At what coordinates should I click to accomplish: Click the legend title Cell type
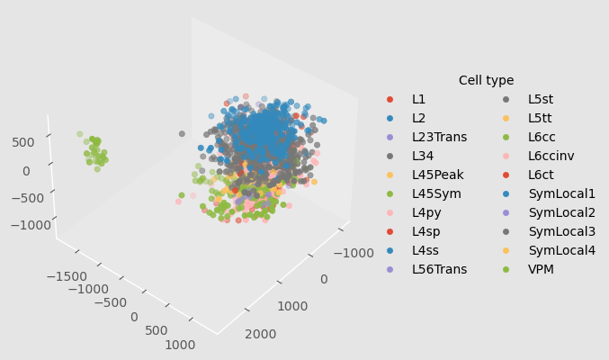click(x=486, y=80)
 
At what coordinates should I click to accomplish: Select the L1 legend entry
click(x=419, y=99)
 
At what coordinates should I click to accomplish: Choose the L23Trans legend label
click(x=439, y=137)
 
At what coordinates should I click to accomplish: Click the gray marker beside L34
click(x=390, y=156)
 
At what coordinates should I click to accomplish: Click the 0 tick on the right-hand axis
click(x=324, y=280)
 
